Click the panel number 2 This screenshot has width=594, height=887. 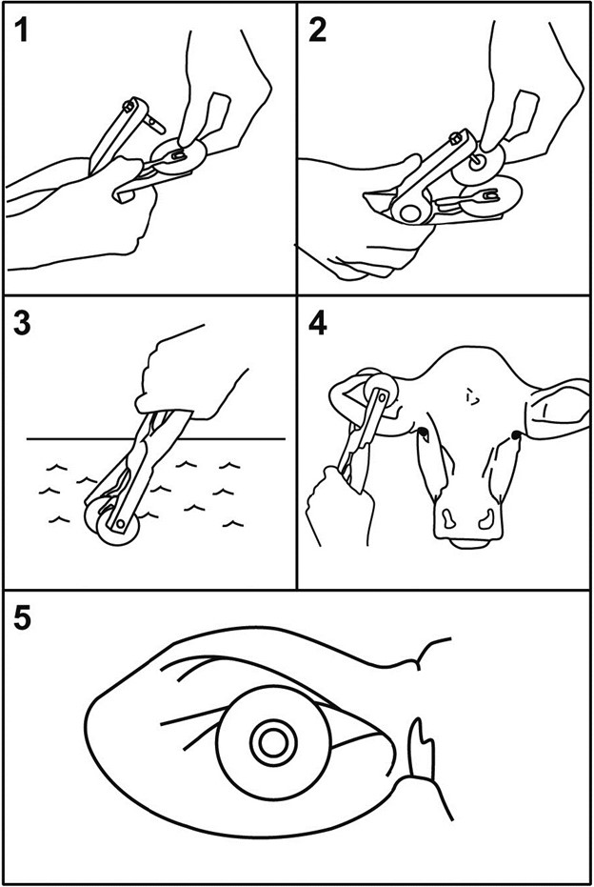[318, 30]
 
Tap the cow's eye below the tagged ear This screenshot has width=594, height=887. [423, 433]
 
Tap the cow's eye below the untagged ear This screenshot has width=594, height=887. [515, 435]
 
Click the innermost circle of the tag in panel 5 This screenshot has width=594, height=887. [273, 743]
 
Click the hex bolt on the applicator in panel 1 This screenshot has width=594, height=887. [129, 104]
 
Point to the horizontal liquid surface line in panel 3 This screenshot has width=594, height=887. [155, 438]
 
